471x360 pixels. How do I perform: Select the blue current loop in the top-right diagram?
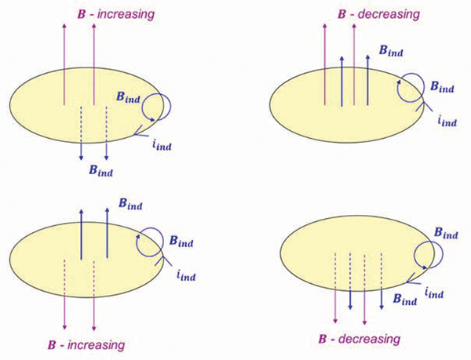410,89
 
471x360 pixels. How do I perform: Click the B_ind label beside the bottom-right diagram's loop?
447,232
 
